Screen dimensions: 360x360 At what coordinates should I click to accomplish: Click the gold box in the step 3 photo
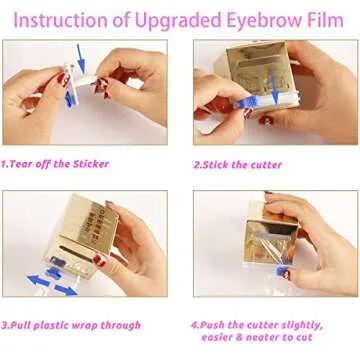click(x=75, y=235)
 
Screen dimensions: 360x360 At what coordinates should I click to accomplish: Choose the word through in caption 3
click(x=119, y=325)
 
